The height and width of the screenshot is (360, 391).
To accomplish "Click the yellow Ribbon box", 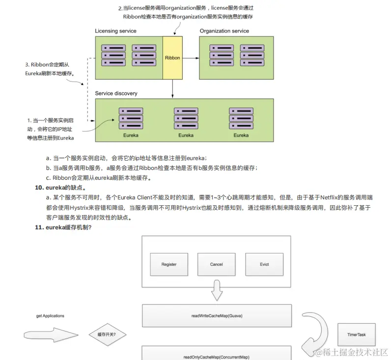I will click(x=172, y=57).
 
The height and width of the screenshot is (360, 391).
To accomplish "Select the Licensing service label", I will click(x=115, y=31).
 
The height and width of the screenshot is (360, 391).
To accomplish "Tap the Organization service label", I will click(x=224, y=31).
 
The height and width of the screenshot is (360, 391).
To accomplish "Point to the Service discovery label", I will click(x=116, y=93).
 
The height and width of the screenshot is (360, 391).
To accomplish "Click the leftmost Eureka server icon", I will click(x=131, y=118).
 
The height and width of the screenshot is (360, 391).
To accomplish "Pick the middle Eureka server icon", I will click(x=186, y=118).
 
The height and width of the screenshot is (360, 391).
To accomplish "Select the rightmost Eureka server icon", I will click(x=241, y=118).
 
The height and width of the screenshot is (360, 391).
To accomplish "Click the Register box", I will click(x=169, y=264).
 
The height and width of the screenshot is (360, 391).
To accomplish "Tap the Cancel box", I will click(x=216, y=264).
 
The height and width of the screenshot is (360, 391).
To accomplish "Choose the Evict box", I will click(x=264, y=264).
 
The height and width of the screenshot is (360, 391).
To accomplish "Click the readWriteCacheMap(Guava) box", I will click(x=216, y=316).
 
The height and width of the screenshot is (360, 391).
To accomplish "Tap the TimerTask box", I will click(x=357, y=335).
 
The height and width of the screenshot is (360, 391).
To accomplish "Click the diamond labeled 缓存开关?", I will click(x=107, y=335).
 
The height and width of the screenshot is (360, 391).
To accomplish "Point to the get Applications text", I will click(x=50, y=316).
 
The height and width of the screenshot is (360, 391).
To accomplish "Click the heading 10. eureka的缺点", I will click(x=61, y=188).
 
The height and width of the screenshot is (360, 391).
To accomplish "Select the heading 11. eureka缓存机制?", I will click(x=63, y=227).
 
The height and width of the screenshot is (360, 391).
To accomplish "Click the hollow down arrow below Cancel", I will click(x=217, y=290).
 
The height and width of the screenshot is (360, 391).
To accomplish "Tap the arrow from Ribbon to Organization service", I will click(x=191, y=58).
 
